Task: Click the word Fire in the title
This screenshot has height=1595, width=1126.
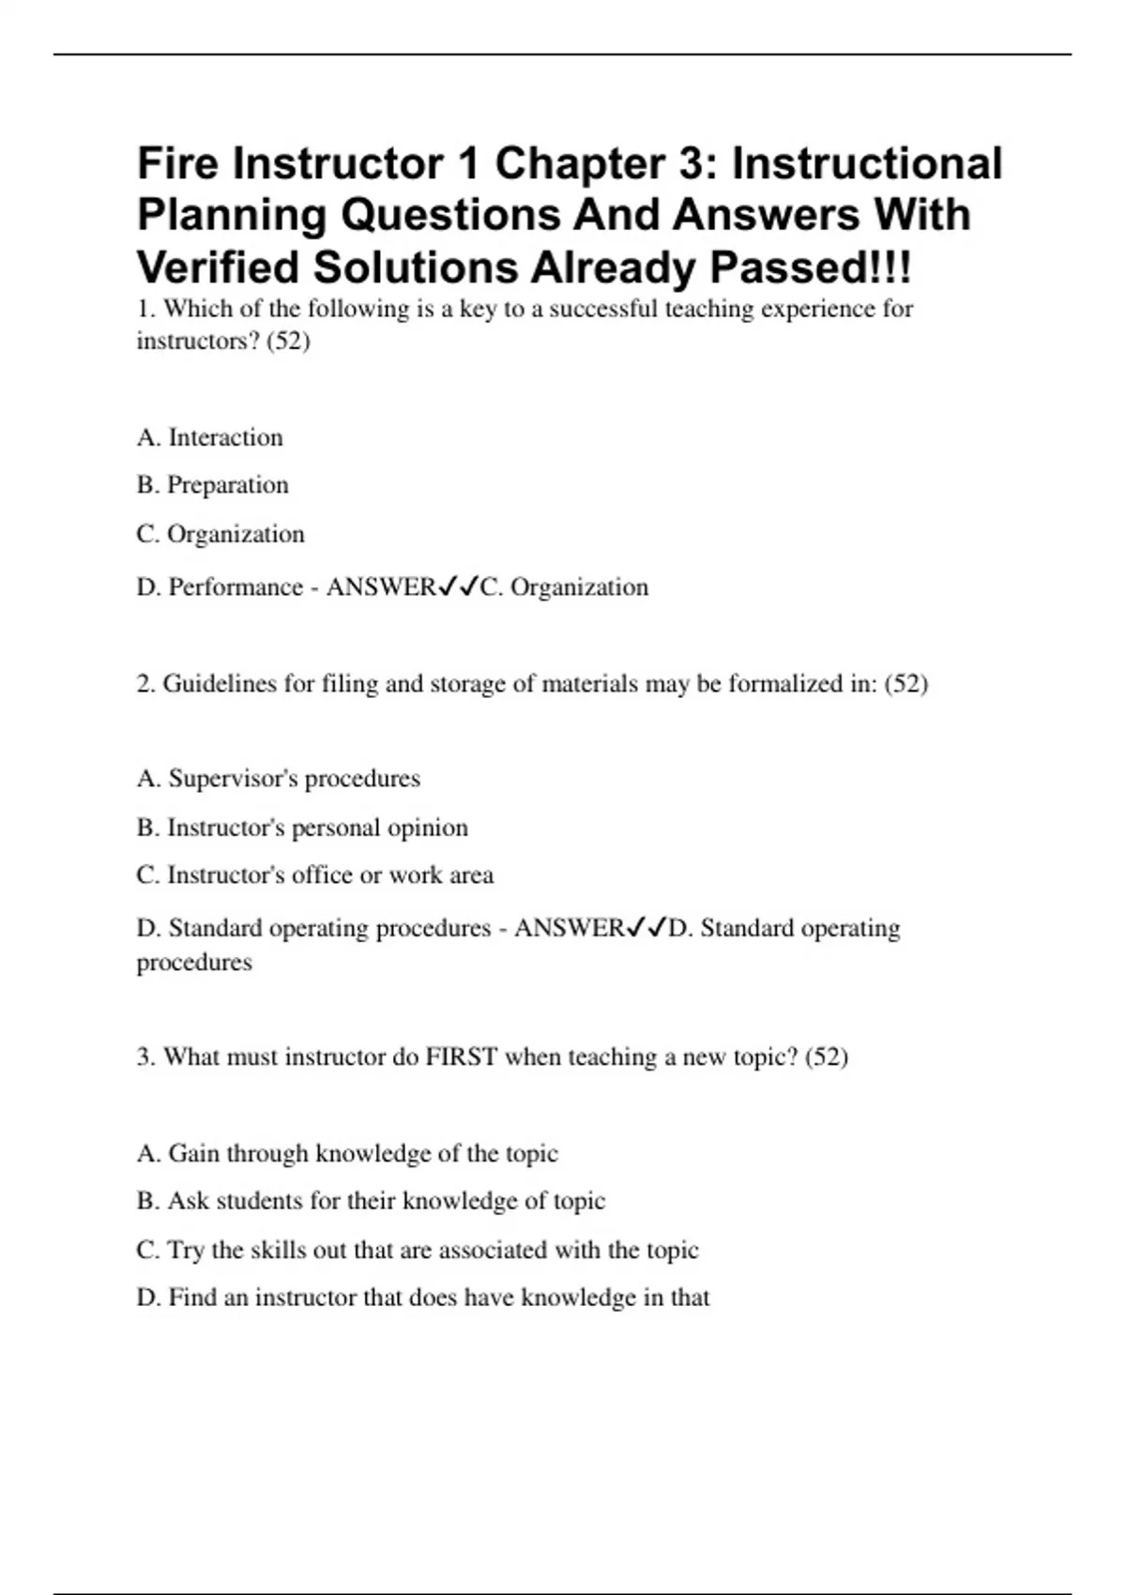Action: point(178,164)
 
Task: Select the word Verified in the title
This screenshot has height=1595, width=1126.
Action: point(218,268)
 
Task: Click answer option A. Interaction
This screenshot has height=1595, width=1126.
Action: point(209,437)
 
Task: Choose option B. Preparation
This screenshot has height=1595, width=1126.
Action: point(212,485)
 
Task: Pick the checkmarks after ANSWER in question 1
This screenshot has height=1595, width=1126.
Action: point(458,587)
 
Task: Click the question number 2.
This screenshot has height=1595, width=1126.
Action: point(145,684)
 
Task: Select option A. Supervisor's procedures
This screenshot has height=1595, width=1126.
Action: point(278,779)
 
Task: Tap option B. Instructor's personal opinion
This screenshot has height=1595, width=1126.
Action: point(301,828)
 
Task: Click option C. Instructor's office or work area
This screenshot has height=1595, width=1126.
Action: point(314,875)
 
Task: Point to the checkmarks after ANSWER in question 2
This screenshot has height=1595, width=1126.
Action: point(646,929)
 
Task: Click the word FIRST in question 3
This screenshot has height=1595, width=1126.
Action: point(461,1057)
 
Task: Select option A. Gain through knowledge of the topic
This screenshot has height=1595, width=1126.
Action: point(347,1153)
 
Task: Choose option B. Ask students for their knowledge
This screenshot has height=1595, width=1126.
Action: point(371,1201)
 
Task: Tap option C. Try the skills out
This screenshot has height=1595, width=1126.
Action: point(417,1250)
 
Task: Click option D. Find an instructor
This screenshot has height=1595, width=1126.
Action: point(422,1298)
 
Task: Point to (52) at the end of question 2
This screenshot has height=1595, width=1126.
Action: point(905,684)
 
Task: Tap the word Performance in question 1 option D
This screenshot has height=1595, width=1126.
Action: point(235,587)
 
